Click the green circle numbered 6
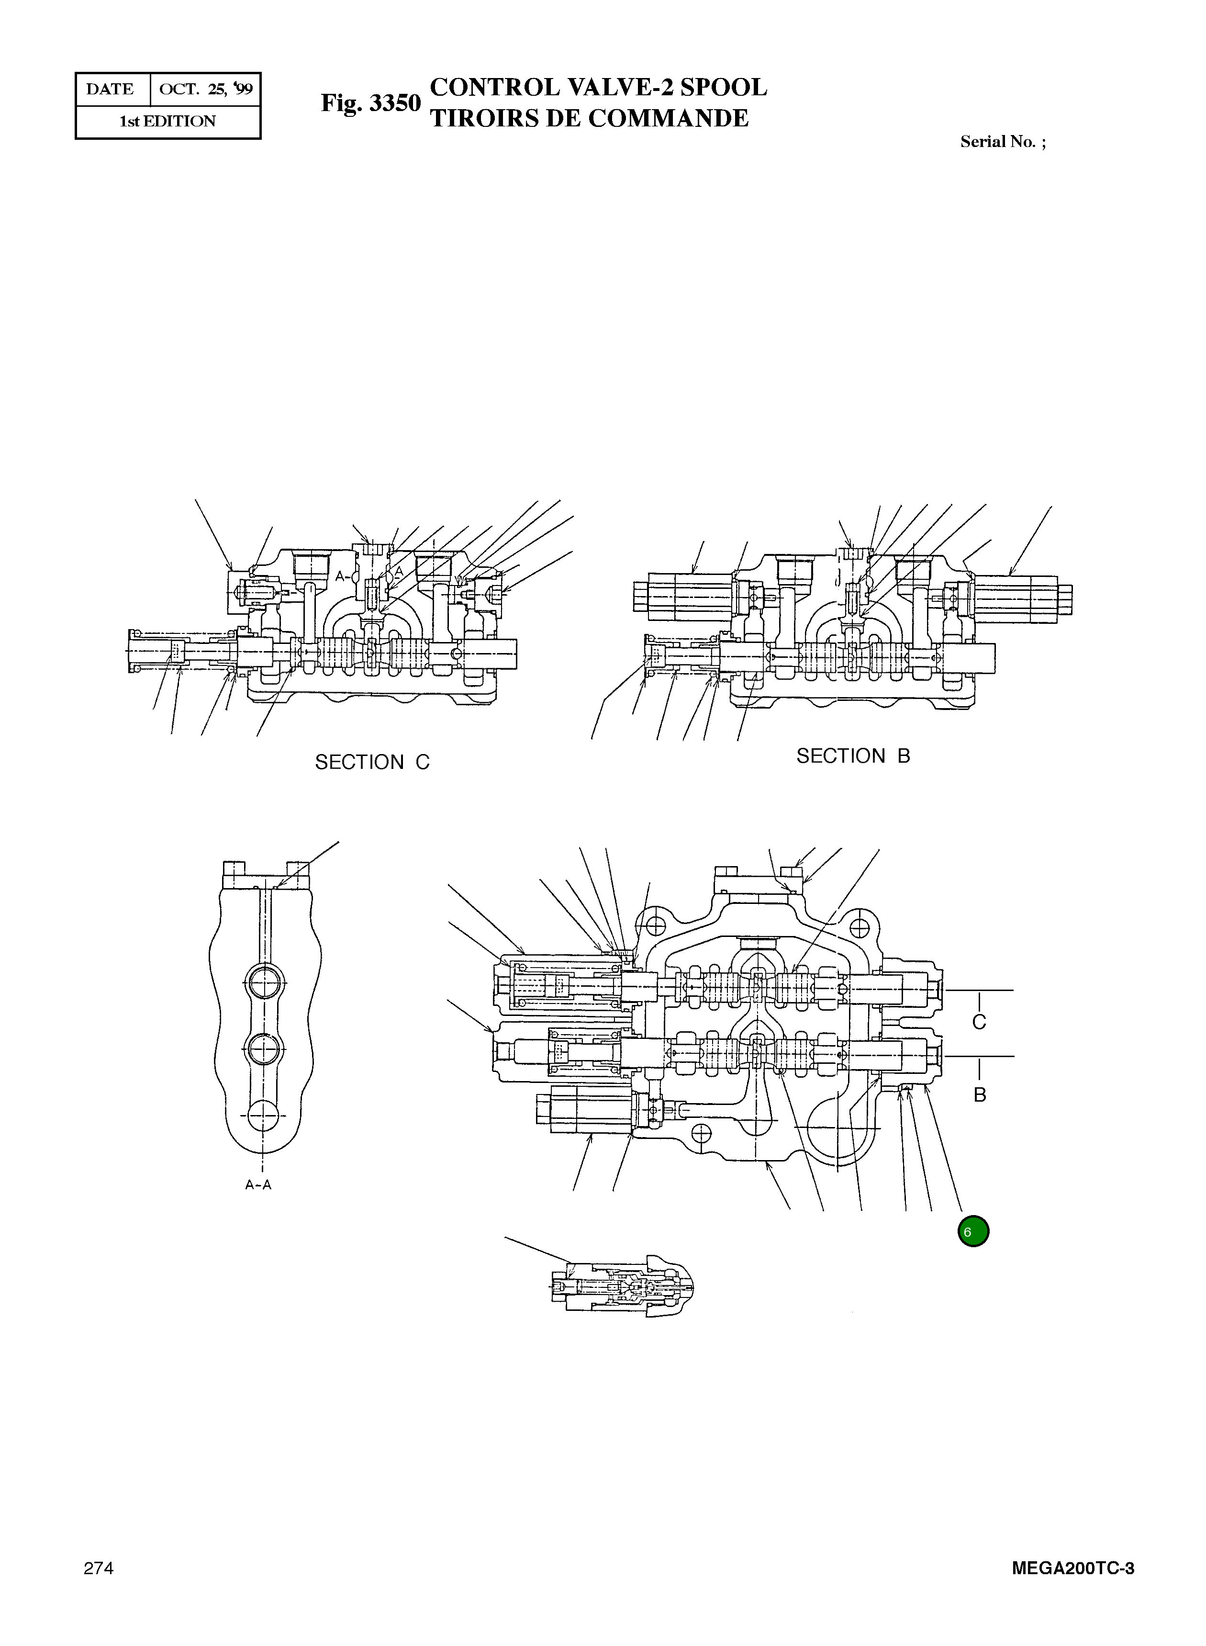(972, 1231)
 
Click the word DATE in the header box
(110, 89)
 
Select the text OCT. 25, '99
(205, 89)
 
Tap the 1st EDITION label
(168, 121)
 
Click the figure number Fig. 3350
(371, 103)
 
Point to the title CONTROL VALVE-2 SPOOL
(599, 87)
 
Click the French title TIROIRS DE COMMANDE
(589, 118)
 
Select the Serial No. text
(1002, 142)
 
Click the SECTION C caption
(372, 762)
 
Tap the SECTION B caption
(853, 756)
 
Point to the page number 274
(99, 1568)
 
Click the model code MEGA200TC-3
(1072, 1568)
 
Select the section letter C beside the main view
(979, 1022)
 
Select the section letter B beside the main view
(980, 1094)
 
